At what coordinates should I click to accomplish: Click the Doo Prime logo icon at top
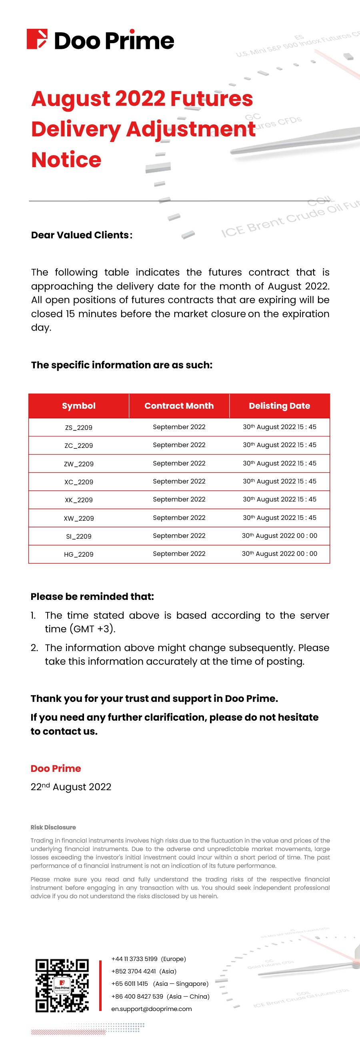click(x=37, y=39)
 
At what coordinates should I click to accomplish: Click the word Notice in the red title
click(x=66, y=160)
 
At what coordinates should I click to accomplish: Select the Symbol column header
click(x=79, y=406)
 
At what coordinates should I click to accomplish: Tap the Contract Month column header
click(x=179, y=406)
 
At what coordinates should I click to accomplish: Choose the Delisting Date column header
click(x=279, y=406)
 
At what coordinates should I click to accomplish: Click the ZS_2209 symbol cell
click(x=79, y=428)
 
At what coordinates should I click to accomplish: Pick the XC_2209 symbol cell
click(x=79, y=482)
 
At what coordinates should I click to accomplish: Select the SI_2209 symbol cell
click(x=79, y=537)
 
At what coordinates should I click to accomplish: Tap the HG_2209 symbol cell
click(x=79, y=555)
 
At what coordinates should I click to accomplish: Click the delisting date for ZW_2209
click(x=279, y=463)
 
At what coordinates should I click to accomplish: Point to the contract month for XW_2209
click(x=179, y=518)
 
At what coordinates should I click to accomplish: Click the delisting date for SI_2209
click(x=279, y=535)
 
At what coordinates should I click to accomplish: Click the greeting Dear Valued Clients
click(x=82, y=235)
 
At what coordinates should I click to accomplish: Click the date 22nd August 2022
click(x=71, y=787)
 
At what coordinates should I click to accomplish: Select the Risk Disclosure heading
click(x=53, y=827)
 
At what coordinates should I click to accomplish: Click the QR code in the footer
click(x=62, y=985)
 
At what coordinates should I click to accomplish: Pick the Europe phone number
click(x=134, y=959)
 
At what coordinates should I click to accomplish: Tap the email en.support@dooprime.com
click(x=152, y=1009)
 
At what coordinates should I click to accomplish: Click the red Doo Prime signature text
click(x=56, y=768)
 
